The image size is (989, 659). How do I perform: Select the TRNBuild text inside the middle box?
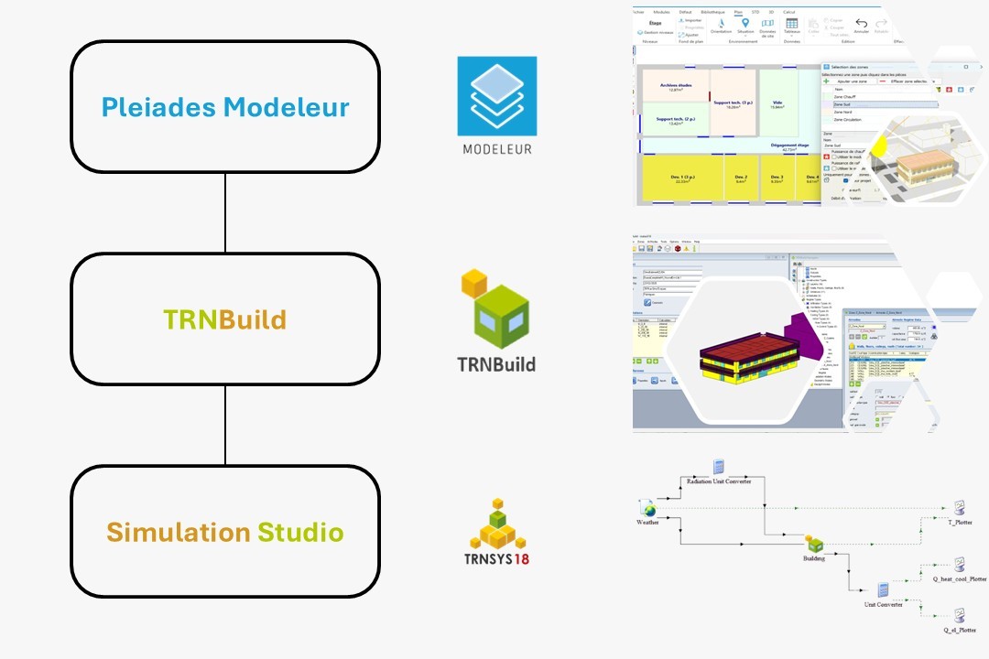(224, 319)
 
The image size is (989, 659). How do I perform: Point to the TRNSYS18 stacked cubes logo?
(496, 522)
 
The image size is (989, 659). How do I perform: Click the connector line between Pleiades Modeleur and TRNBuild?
(225, 212)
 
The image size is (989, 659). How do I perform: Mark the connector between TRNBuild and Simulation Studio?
(225, 425)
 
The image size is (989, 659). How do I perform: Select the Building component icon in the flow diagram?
(814, 545)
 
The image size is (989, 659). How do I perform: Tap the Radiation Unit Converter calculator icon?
(719, 467)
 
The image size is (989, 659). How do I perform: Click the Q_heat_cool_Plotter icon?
(959, 564)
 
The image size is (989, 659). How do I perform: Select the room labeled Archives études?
(674, 87)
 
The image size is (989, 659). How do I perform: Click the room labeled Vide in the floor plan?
(777, 103)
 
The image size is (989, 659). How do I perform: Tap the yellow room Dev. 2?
(741, 178)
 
